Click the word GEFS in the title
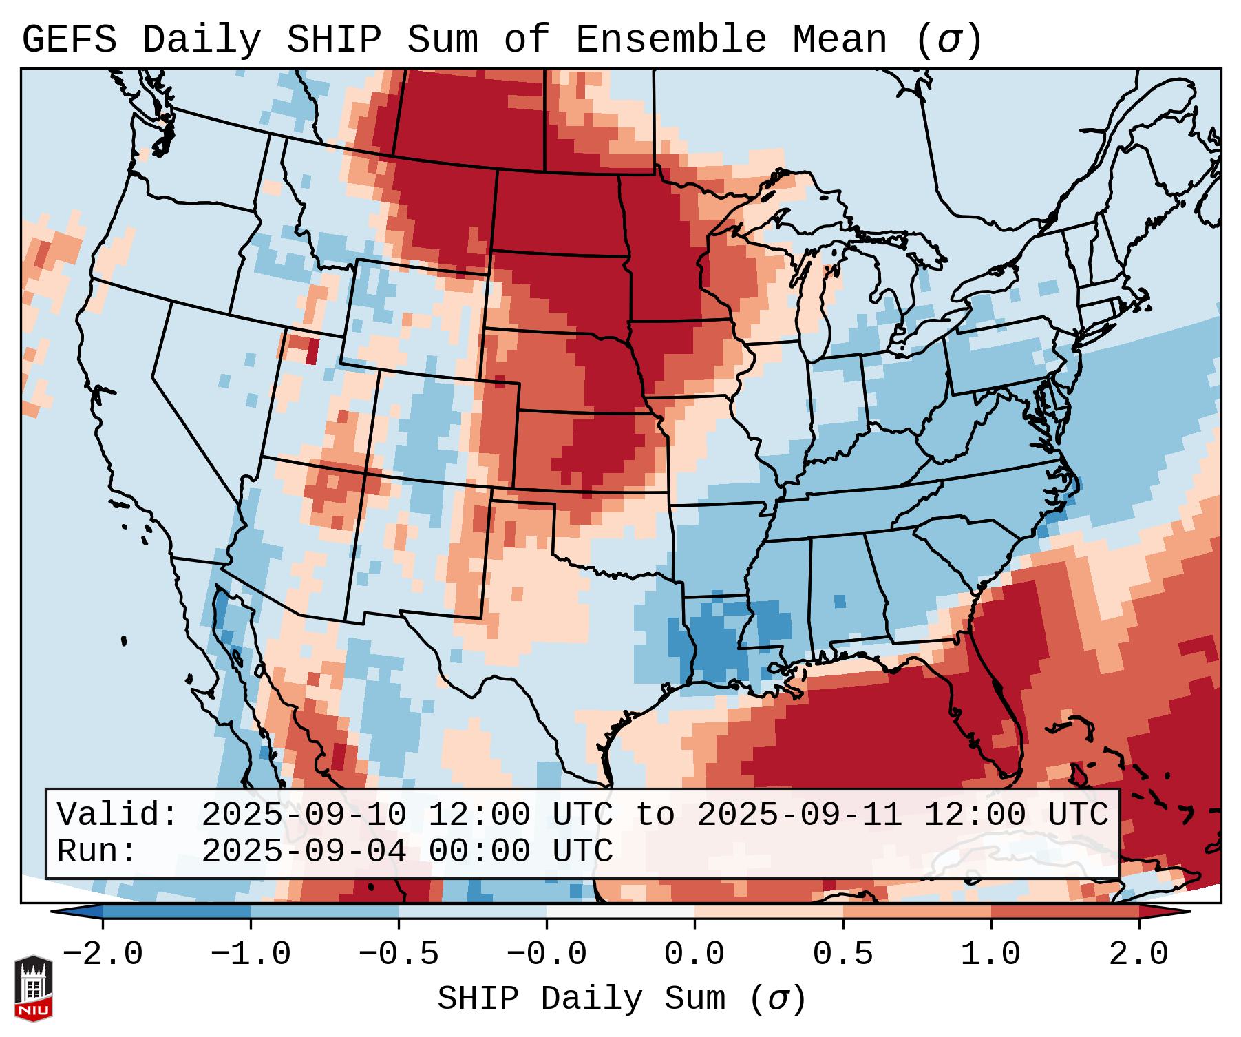69,40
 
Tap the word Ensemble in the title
670,40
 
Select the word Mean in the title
839,40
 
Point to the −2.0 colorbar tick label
103,954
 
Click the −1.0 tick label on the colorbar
251,954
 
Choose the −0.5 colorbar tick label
399,954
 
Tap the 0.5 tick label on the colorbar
842,954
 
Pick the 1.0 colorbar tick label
990,954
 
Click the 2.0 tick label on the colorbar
1138,954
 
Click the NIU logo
33,988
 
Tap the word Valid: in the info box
118,815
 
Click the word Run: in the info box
97,852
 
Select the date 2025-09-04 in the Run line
304,852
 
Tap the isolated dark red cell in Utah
312,351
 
